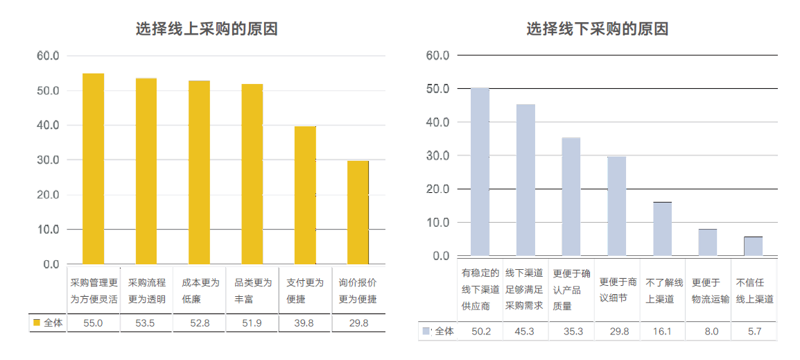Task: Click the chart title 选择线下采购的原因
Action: [x=597, y=29]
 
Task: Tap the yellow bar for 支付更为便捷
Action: [x=305, y=195]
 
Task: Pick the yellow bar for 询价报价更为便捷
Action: [x=358, y=212]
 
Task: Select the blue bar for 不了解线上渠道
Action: [x=662, y=229]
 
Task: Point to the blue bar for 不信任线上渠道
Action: [x=753, y=246]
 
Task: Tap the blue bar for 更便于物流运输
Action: [x=708, y=242]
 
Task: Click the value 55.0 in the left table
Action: [x=93, y=323]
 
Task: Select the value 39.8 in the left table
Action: [x=305, y=323]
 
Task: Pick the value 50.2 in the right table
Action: [x=481, y=332]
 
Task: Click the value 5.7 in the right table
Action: [x=754, y=332]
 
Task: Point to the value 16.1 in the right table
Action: [x=663, y=332]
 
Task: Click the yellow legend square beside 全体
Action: [x=37, y=323]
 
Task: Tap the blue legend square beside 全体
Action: [x=426, y=332]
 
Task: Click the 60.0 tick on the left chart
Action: [x=47, y=55]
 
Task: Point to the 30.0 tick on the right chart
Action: [x=437, y=156]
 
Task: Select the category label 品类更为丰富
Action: [x=252, y=291]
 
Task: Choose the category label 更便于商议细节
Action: [x=617, y=291]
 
